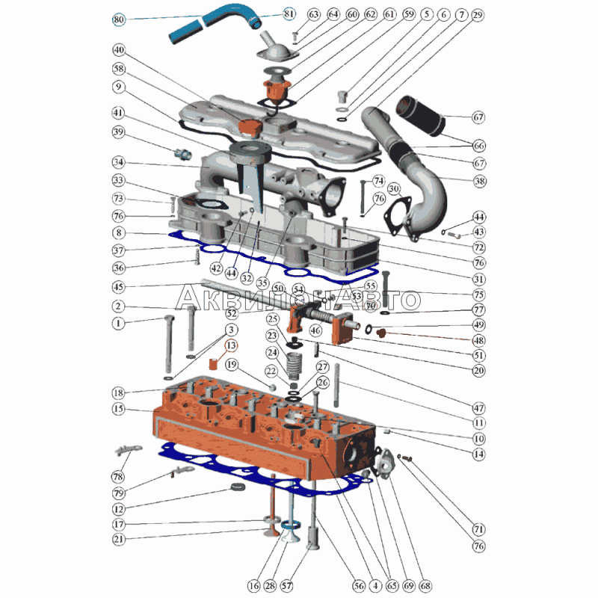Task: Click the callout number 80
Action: pyautogui.click(x=119, y=19)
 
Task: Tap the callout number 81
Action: pyautogui.click(x=289, y=14)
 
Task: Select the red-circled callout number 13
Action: pyautogui.click(x=231, y=345)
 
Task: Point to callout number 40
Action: pyautogui.click(x=119, y=50)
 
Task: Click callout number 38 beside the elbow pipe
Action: pyautogui.click(x=479, y=181)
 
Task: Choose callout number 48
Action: pyautogui.click(x=478, y=340)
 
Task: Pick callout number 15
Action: pyautogui.click(x=119, y=409)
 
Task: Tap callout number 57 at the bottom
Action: pyautogui.click(x=286, y=585)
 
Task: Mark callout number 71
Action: pyautogui.click(x=478, y=529)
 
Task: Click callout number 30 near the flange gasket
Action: pyautogui.click(x=394, y=189)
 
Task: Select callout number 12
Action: pyautogui.click(x=119, y=509)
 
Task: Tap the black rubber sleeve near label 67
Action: pyautogui.click(x=421, y=116)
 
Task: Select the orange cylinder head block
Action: pyautogui.click(x=263, y=429)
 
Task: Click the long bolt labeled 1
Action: pyautogui.click(x=169, y=344)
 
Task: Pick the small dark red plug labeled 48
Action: pyautogui.click(x=381, y=333)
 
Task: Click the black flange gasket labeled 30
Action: pyautogui.click(x=397, y=217)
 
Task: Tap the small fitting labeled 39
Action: pyautogui.click(x=183, y=154)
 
